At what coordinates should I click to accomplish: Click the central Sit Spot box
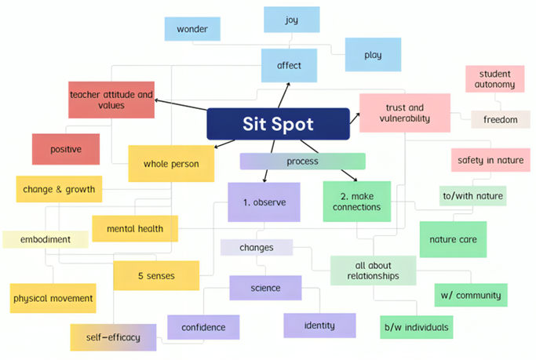[x=278, y=124]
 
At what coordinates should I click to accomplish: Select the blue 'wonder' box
[x=191, y=29]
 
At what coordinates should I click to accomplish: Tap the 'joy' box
[x=291, y=20]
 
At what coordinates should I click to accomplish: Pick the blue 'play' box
[x=373, y=55]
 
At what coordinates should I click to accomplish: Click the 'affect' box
[x=289, y=65]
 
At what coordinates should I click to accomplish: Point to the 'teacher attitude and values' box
[x=111, y=100]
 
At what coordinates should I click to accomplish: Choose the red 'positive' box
[x=66, y=149]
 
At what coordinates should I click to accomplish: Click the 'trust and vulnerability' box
[x=404, y=113]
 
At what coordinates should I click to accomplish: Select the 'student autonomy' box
[x=495, y=78]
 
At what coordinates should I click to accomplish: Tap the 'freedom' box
[x=500, y=119]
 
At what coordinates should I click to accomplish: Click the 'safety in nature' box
[x=490, y=160]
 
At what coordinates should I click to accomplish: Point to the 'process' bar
[x=302, y=162]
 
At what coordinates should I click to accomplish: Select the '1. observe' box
[x=264, y=202]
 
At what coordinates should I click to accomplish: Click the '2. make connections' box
[x=356, y=202]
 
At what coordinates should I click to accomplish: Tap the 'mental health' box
[x=134, y=228]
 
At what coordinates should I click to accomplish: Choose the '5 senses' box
[x=155, y=275]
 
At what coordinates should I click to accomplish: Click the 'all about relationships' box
[x=372, y=270]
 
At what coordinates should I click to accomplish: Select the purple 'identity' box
[x=319, y=325]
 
